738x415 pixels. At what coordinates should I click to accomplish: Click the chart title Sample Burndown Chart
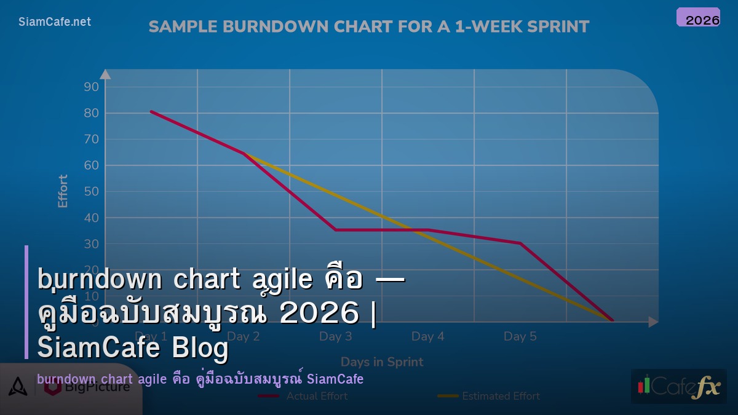click(x=369, y=27)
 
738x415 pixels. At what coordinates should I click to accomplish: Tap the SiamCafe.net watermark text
click(x=55, y=22)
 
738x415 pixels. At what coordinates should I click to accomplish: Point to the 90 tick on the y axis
click(x=91, y=87)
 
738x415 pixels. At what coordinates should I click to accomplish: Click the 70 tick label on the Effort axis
click(x=91, y=139)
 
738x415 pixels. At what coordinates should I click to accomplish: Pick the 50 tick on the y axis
click(x=91, y=191)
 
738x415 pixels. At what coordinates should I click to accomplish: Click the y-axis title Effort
click(x=63, y=191)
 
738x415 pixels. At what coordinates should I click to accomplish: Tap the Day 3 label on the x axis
click(x=335, y=336)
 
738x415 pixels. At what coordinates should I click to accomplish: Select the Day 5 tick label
click(x=520, y=336)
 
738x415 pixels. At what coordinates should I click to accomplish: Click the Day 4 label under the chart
click(x=427, y=336)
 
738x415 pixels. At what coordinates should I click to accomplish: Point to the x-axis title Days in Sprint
click(x=382, y=362)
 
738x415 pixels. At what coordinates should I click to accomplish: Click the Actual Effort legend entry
click(x=303, y=396)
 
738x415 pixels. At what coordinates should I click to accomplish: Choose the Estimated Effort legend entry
click(x=489, y=396)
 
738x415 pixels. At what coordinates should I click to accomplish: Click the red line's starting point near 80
click(x=151, y=111)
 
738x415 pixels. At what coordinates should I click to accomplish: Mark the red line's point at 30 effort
click(x=520, y=243)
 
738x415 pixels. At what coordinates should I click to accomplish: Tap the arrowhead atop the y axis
click(x=105, y=74)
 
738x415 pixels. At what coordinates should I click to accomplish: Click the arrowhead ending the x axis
click(x=653, y=322)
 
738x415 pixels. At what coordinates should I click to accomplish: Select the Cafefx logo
click(x=678, y=386)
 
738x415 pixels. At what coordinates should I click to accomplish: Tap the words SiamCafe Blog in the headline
click(x=133, y=349)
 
